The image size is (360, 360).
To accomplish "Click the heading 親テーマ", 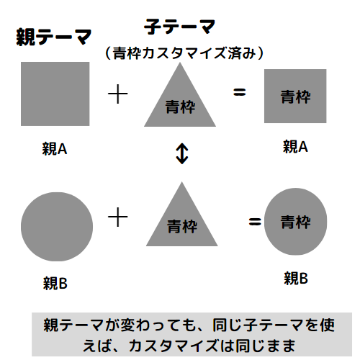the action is (54, 37).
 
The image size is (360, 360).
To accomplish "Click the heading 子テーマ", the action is (179, 27).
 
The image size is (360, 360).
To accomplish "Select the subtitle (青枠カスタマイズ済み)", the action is (184, 53).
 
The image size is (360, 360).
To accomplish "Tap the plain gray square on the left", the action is (55, 94).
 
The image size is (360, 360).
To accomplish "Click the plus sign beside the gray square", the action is (117, 94).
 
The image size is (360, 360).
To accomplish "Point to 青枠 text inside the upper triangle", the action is (180, 107).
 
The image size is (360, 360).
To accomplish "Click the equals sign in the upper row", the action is (240, 92).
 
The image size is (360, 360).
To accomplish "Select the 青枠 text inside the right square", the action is (296, 96).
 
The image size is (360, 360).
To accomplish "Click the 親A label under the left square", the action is (55, 149).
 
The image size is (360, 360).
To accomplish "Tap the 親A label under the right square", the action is (295, 146).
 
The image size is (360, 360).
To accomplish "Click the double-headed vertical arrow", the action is (182, 153).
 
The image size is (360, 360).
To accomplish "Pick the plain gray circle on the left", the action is (57, 227).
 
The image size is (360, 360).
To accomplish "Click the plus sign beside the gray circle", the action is (117, 217).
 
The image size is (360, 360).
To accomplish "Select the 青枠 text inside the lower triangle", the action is (182, 226).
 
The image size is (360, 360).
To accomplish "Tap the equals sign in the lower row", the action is (255, 222).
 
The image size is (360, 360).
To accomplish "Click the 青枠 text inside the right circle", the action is (296, 222).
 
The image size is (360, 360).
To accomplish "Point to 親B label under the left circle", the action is (55, 283).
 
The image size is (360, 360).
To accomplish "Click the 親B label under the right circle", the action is (296, 279).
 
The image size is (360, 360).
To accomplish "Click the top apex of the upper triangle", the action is (180, 63).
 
